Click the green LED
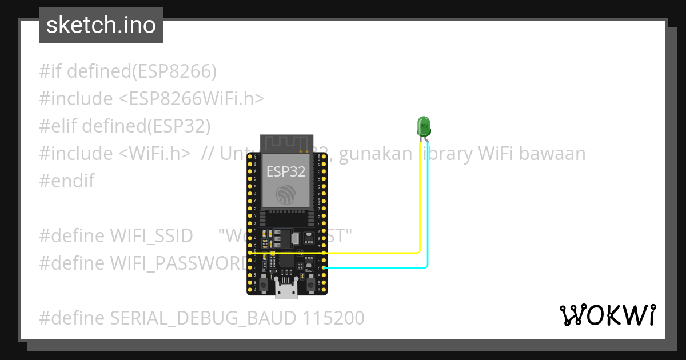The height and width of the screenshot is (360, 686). [424, 125]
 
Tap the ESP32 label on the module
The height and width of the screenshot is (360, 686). [286, 171]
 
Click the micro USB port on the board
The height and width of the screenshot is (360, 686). [286, 291]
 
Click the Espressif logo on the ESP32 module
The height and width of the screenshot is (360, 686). [286, 195]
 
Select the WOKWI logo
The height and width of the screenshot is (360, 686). [607, 315]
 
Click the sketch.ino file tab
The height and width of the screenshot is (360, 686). [101, 25]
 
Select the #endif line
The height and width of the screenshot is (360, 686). [67, 181]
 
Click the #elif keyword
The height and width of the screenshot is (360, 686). [59, 126]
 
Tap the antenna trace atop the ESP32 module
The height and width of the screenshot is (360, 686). [287, 143]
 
